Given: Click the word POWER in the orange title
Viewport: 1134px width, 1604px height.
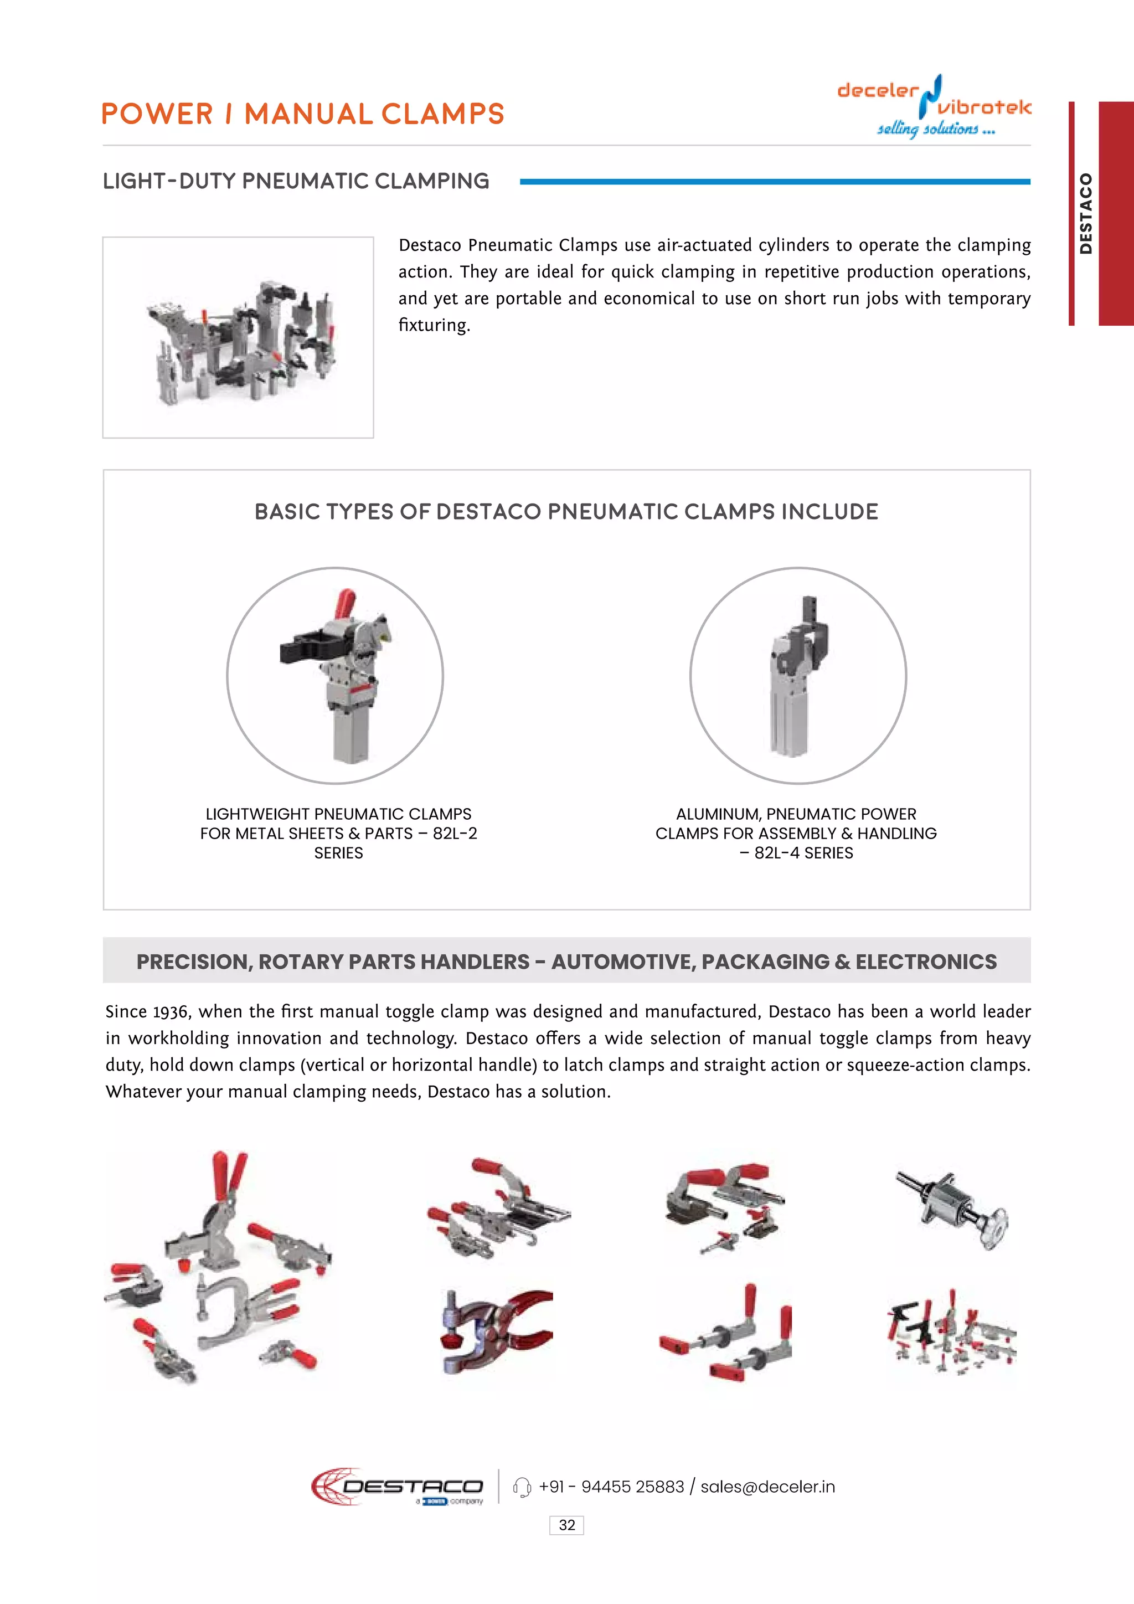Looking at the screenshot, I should click(x=157, y=115).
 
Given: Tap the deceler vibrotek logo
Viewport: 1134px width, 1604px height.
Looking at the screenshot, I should click(x=934, y=106).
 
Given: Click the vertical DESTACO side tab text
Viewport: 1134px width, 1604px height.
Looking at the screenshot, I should click(x=1085, y=213).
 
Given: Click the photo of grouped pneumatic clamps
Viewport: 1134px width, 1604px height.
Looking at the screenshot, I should click(x=238, y=337).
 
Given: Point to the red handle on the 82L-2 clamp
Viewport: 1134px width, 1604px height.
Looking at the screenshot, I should click(x=345, y=604).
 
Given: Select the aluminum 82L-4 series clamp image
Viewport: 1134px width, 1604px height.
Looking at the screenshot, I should click(x=797, y=676).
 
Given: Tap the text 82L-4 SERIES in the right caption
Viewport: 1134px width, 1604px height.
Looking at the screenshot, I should click(x=803, y=853).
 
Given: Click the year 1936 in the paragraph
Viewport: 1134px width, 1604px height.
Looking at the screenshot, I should click(x=171, y=1011).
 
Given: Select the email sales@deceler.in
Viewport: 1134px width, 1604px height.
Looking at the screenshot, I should click(x=767, y=1487).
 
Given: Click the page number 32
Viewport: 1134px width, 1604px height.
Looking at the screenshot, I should click(x=566, y=1525).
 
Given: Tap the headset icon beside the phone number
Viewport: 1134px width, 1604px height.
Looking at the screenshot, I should click(x=522, y=1487).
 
